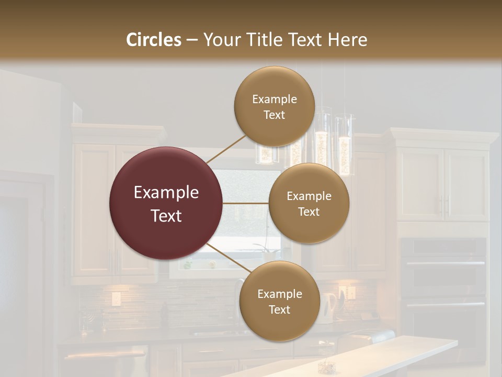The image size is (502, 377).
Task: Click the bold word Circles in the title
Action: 153,40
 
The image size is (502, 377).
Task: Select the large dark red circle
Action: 166,203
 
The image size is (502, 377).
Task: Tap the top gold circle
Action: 274,106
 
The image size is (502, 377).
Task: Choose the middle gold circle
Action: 309,203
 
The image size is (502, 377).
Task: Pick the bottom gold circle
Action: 279,301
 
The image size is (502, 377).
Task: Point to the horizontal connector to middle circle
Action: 246,203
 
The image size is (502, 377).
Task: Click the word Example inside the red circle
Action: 166,193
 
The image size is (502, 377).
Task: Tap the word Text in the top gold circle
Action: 274,115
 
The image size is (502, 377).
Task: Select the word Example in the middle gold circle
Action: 309,196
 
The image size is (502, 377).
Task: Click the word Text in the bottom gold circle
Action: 279,310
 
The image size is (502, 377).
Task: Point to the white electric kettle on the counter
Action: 329,307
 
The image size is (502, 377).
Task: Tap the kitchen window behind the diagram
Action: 246,220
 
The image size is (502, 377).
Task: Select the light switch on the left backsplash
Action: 116,299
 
